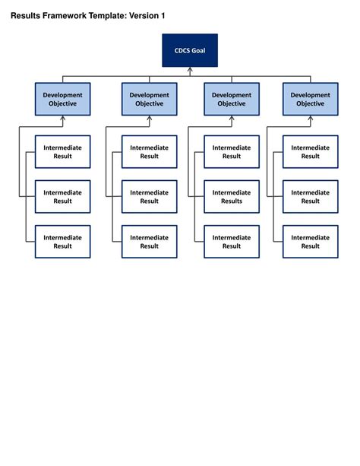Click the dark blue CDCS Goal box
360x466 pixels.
pyautogui.click(x=190, y=50)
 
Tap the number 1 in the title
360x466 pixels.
pyautogui.click(x=162, y=15)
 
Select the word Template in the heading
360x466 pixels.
pyautogui.click(x=102, y=15)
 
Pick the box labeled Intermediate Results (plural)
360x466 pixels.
pyautogui.click(x=232, y=197)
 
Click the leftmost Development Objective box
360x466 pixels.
pyautogui.click(x=63, y=99)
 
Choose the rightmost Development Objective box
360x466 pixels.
pyautogui.click(x=311, y=99)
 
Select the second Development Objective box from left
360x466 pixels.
pyautogui.click(x=150, y=99)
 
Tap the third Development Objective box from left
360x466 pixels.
pyautogui.click(x=232, y=99)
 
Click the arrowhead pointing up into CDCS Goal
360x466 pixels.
pyautogui.click(x=190, y=70)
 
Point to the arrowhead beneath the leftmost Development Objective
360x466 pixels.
pyautogui.click(x=63, y=119)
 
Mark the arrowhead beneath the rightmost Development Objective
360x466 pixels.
pyautogui.click(x=311, y=119)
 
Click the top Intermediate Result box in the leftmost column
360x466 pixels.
pyautogui.click(x=63, y=151)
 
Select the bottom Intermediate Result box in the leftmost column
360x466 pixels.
pyautogui.click(x=63, y=242)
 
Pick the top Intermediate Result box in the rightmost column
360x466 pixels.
pyautogui.click(x=311, y=151)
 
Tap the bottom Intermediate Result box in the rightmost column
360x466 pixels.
pyautogui.click(x=311, y=242)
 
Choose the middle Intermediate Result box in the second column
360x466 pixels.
pyautogui.click(x=150, y=197)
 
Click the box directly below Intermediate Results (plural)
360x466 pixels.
pyautogui.click(x=232, y=242)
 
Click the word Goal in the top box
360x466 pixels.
pyautogui.click(x=198, y=50)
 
